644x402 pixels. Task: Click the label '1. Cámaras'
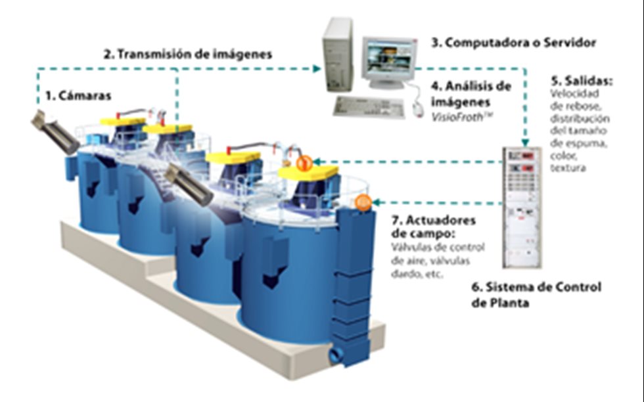pyautogui.click(x=78, y=96)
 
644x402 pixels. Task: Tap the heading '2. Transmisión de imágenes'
pyautogui.click(x=188, y=55)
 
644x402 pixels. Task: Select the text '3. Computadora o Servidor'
pyautogui.click(x=513, y=43)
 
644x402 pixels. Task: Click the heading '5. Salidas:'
pyautogui.click(x=581, y=82)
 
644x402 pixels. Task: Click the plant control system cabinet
pyautogui.click(x=522, y=206)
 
